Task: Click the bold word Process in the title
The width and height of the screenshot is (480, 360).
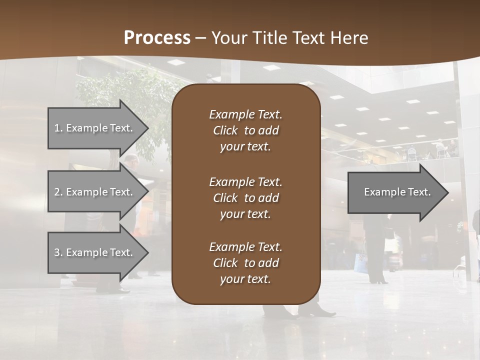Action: (157, 38)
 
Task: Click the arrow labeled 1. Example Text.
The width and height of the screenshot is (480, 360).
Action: (95, 128)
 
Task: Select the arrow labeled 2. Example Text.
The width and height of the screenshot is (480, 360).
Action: (95, 192)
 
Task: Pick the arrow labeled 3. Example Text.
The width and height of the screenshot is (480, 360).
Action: (95, 252)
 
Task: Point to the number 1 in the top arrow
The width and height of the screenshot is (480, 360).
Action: (57, 128)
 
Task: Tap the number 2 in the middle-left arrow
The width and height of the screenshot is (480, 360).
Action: (57, 192)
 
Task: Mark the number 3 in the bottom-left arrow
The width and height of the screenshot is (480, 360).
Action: (57, 252)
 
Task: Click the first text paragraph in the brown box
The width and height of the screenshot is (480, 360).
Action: (245, 130)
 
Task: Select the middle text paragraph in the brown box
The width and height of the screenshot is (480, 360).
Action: (245, 197)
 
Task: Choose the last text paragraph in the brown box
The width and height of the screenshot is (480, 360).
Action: (245, 263)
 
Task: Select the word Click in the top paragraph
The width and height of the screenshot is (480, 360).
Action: (225, 130)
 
